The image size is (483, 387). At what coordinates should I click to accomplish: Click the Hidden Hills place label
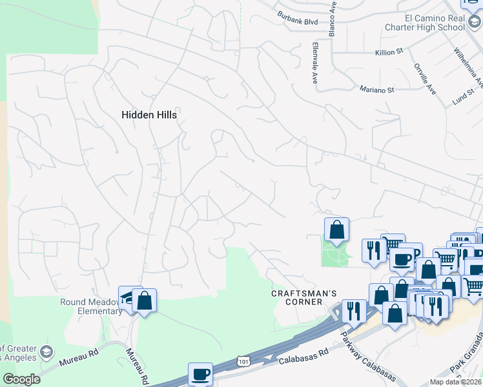pos(149,114)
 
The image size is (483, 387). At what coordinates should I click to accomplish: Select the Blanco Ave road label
pos(333,18)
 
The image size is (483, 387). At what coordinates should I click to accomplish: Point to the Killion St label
pos(389,52)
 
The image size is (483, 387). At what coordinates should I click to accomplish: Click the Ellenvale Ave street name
pos(316,66)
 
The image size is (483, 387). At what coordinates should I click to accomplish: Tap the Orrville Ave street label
pos(425,78)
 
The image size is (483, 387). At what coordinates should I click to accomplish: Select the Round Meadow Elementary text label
pos(91,306)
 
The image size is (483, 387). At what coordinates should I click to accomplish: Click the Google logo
pos(21,379)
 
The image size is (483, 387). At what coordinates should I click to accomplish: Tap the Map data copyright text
pos(456,382)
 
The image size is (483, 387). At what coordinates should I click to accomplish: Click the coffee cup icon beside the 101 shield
pos(200,373)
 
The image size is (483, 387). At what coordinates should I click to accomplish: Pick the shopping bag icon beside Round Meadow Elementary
pos(144,300)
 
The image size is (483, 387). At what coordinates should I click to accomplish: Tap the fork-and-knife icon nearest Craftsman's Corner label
pos(354,311)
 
